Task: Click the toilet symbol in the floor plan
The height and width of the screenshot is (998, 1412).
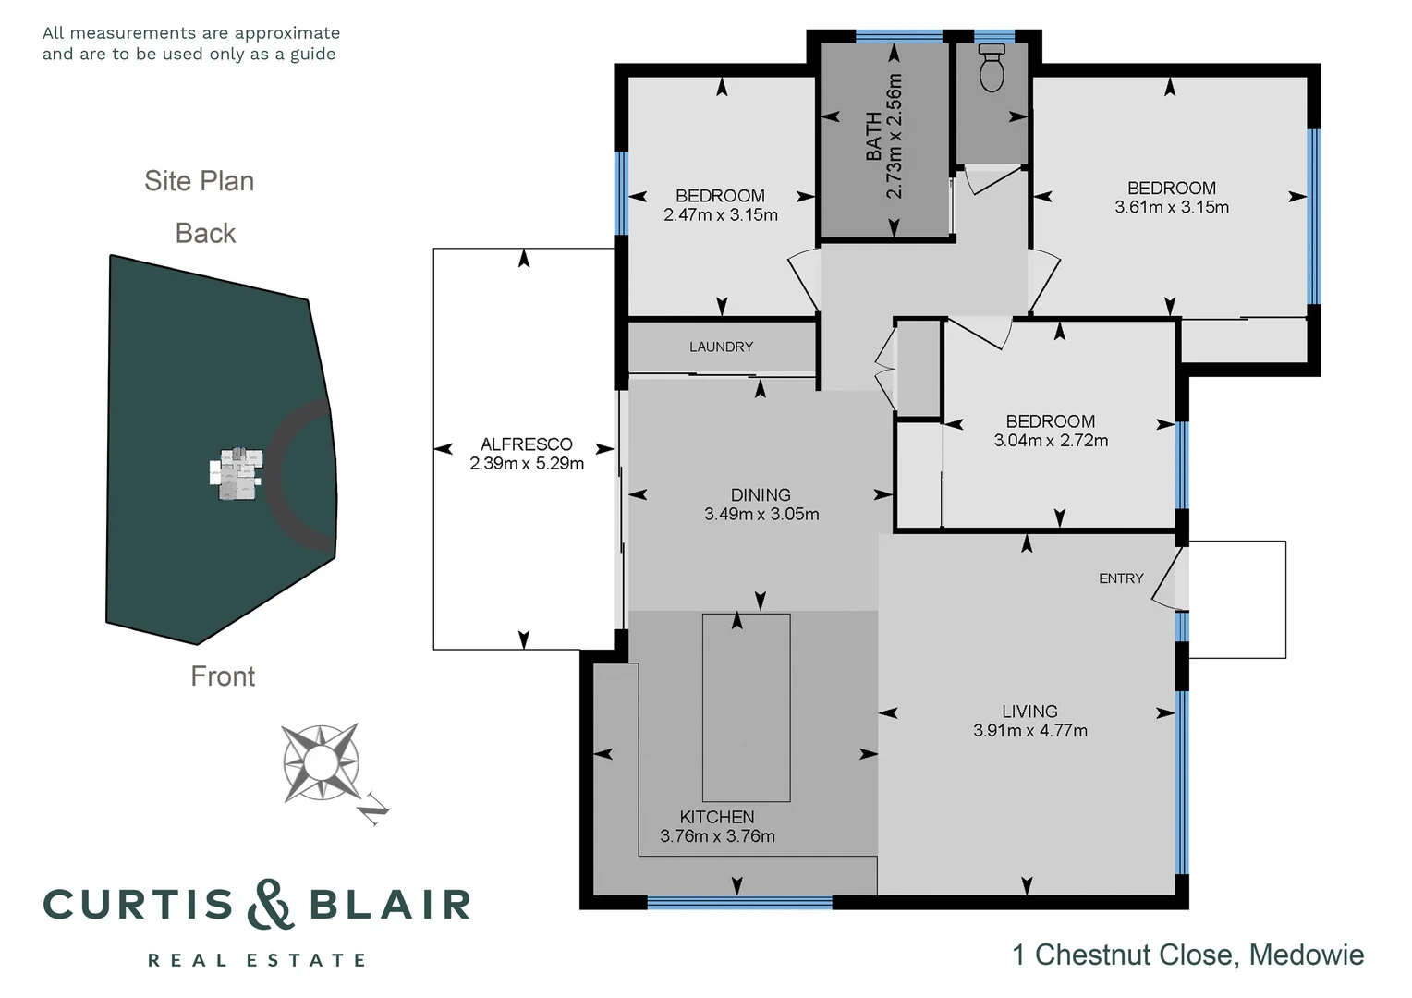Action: click(x=992, y=67)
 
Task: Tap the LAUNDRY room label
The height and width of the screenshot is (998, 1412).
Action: click(x=721, y=347)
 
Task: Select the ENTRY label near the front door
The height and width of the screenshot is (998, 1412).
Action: click(x=1121, y=578)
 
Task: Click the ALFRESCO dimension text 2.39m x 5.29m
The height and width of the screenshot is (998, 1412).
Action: click(x=527, y=464)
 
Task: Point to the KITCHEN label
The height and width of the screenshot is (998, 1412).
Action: click(x=717, y=817)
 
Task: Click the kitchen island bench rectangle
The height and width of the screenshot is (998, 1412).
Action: click(x=746, y=707)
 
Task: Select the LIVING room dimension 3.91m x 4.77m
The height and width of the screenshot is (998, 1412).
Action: click(x=1029, y=731)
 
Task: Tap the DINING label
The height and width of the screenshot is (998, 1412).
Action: click(x=761, y=494)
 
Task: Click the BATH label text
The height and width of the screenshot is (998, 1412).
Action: click(x=873, y=137)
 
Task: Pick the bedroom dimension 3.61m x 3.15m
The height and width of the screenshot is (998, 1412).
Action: click(x=1171, y=208)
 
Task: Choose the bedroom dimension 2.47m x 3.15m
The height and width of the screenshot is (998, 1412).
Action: click(x=720, y=215)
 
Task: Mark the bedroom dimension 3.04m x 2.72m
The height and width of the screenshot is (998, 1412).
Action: click(x=1051, y=441)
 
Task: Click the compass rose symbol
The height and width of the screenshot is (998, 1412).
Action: click(x=321, y=762)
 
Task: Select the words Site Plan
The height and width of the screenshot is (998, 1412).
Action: click(x=199, y=181)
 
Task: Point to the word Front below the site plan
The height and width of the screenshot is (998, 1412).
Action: click(x=223, y=676)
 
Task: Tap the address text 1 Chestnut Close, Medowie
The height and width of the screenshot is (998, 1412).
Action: click(x=1187, y=955)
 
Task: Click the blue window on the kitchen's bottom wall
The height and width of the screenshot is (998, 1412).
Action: click(x=739, y=903)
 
